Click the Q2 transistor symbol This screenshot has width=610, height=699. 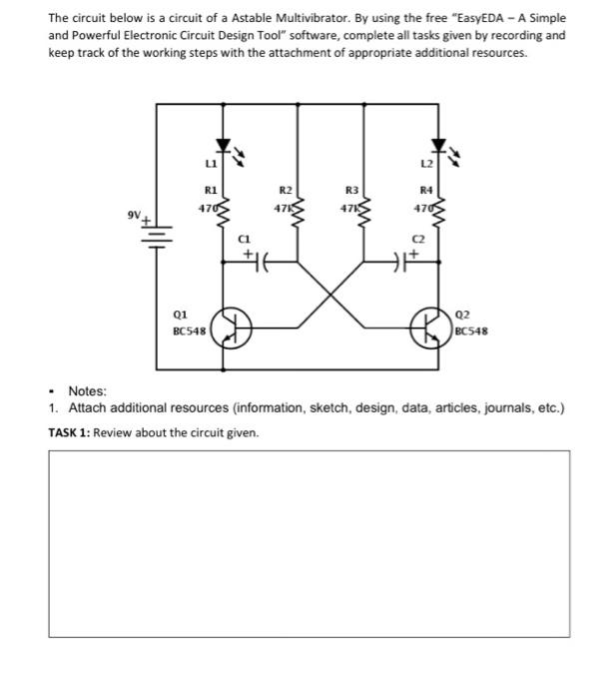[432, 327]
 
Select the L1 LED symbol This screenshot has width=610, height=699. [224, 149]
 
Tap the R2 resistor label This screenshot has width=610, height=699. [286, 188]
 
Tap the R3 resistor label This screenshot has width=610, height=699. [350, 188]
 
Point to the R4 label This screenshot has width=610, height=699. [426, 188]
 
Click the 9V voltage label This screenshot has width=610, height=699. [134, 214]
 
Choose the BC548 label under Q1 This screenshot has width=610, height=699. [189, 330]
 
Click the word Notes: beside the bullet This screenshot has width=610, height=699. [87, 391]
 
